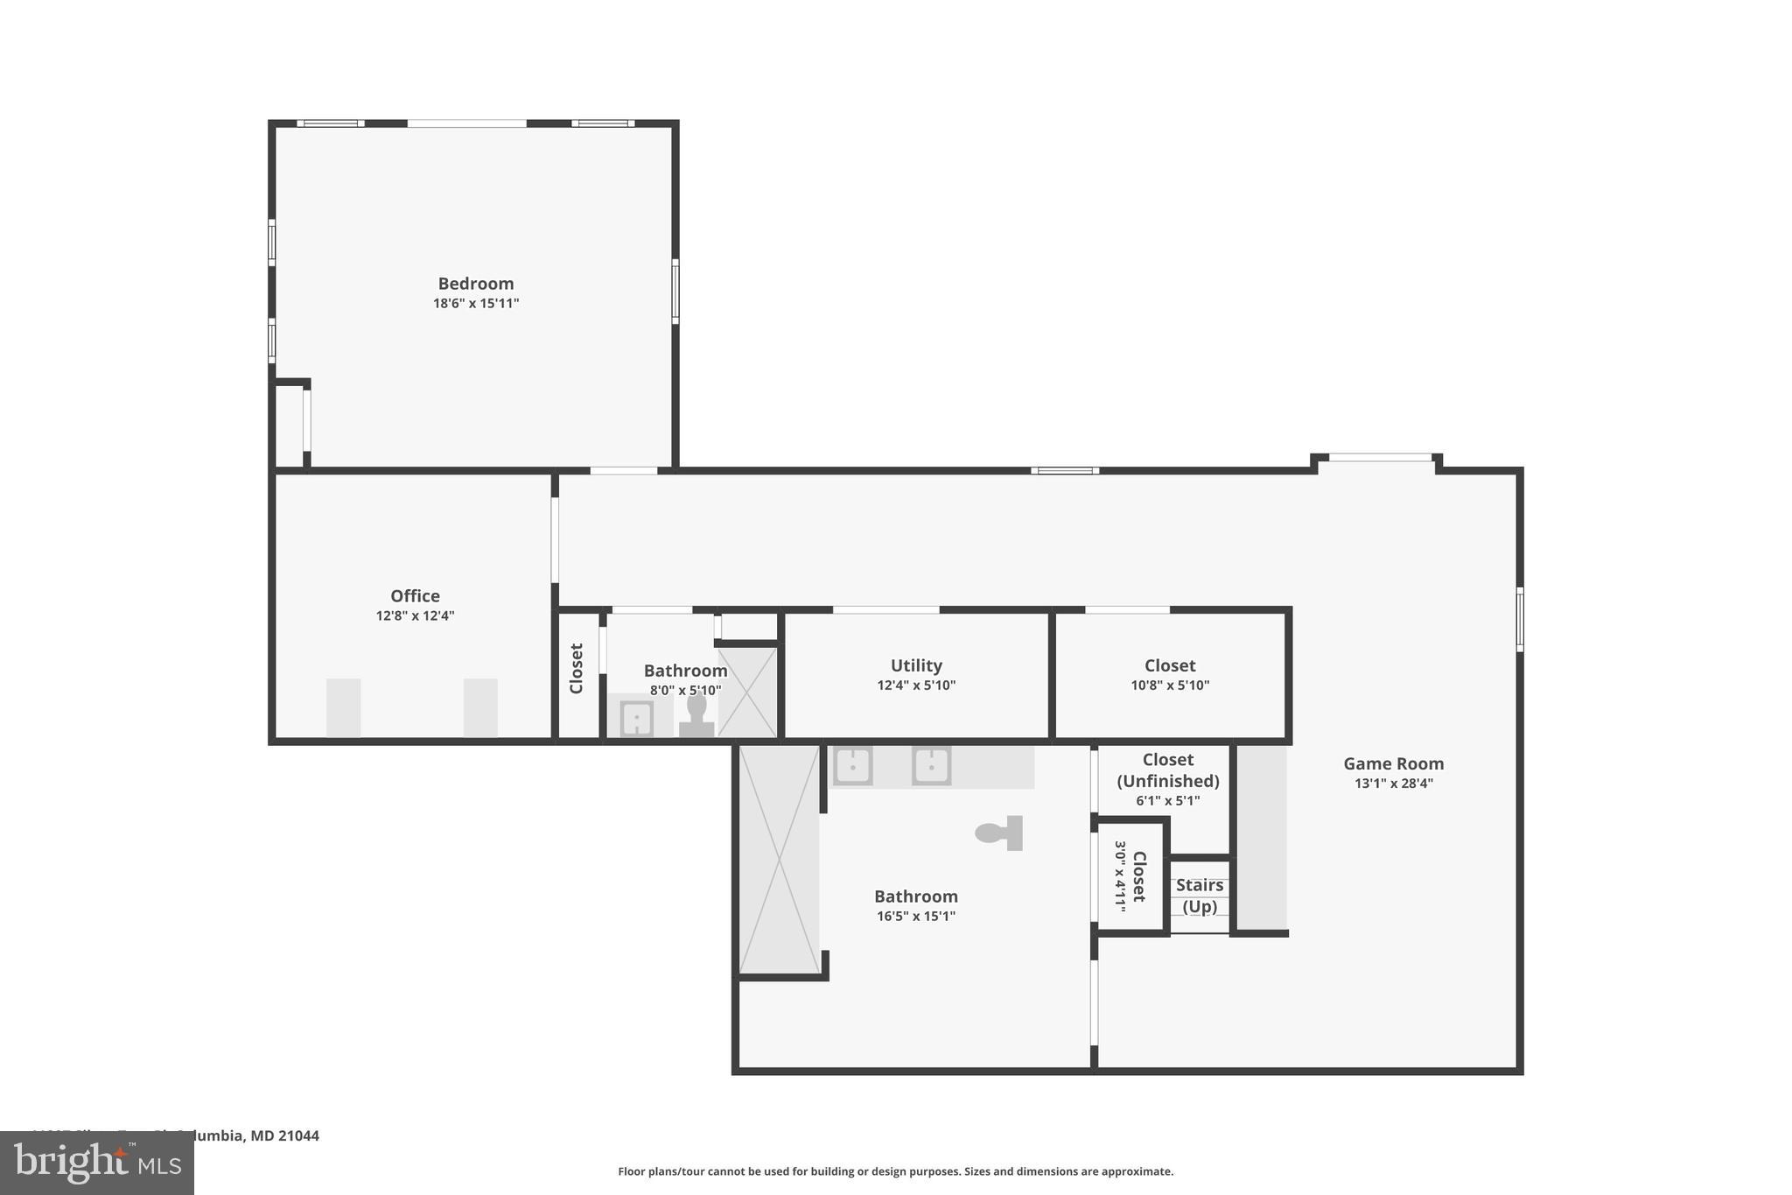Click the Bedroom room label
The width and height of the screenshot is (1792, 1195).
tap(475, 284)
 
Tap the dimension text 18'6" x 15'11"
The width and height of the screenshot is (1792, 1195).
tap(476, 304)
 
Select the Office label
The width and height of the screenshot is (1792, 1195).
tap(415, 596)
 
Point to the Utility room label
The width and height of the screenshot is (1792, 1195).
tap(916, 665)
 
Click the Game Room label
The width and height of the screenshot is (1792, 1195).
tap(1393, 763)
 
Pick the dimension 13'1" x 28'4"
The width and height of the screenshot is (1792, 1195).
tap(1393, 784)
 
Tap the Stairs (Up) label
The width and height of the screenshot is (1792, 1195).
tap(1200, 896)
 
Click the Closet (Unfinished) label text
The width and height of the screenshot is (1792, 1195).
tap(1167, 770)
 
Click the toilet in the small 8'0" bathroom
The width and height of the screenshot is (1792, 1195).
tap(696, 715)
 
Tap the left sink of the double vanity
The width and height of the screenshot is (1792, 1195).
tap(852, 766)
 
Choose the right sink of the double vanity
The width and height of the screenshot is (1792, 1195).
tap(931, 766)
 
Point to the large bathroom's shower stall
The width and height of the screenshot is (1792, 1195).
tap(779, 859)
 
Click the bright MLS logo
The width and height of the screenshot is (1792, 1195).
tap(96, 1163)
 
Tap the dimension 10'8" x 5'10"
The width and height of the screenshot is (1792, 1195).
tap(1169, 685)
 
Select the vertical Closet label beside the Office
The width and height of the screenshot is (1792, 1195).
tap(577, 669)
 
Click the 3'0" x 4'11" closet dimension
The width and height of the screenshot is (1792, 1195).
tap(1120, 876)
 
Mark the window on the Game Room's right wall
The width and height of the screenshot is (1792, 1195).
tap(1520, 619)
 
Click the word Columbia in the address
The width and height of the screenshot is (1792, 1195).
tap(210, 1135)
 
